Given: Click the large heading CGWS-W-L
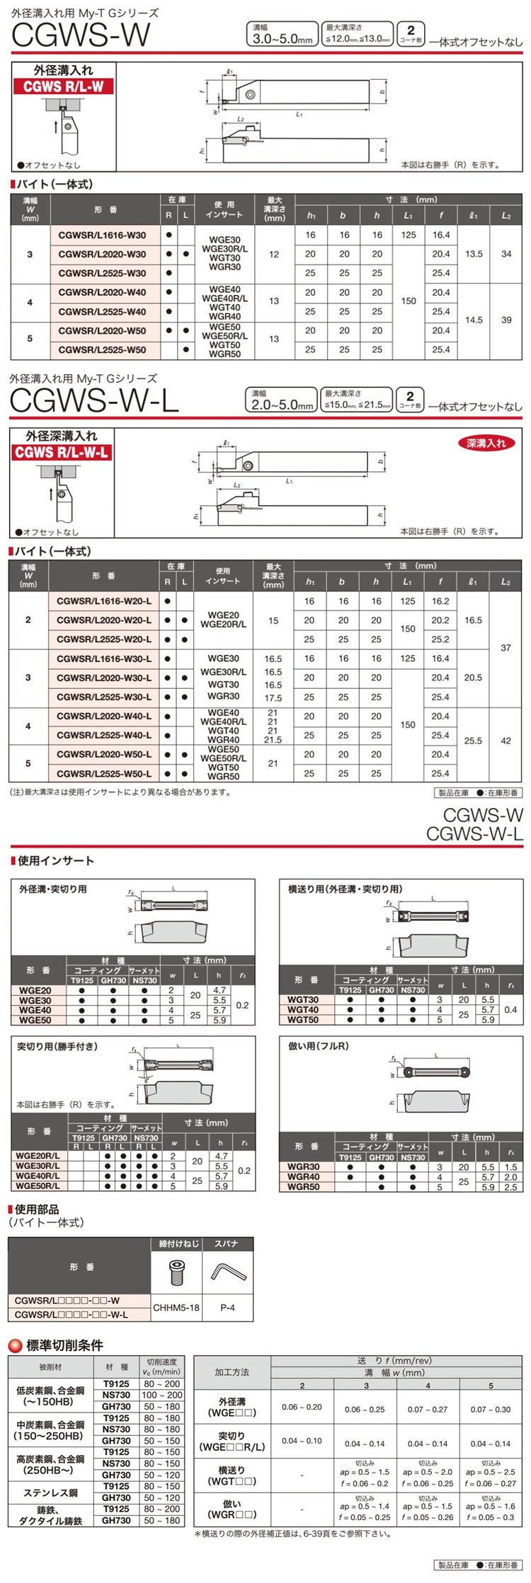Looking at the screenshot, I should pos(94,402).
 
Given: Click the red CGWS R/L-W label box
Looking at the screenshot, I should pos(63,87).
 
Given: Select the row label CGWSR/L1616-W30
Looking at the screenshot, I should pos(102,236).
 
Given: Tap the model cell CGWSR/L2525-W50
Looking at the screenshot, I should pos(102,349).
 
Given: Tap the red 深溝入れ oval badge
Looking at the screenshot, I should pos(486,443).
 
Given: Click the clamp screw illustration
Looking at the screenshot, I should pos(177,1273).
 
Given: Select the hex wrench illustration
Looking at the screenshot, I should pos(227,1273).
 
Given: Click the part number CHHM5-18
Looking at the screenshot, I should pos(177,1308).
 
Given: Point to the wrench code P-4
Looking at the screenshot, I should pos(227,1308).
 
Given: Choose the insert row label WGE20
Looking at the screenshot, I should pos(35,991).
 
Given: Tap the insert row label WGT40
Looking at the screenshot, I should pos(303,1010).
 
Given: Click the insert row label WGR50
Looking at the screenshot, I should pos(303,1187).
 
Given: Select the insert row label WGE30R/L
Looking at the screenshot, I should pos(38,1166).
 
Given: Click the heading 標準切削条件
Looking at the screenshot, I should pos(64,1345).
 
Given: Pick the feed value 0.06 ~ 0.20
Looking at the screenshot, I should pos(302,1407).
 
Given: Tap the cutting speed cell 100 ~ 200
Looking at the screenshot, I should pos(162,1395).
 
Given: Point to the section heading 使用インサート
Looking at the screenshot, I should pos(56,861).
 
